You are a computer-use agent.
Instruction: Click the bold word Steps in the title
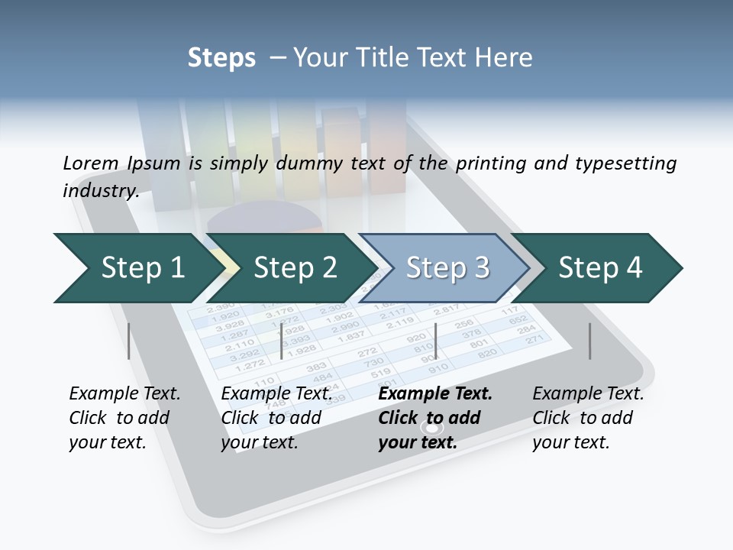[221, 58]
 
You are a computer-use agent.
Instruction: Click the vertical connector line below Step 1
[129, 341]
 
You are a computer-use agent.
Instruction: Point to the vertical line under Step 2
[282, 341]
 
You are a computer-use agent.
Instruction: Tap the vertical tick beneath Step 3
[435, 341]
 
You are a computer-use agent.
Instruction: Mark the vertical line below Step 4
[589, 341]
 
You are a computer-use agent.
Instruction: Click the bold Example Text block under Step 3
[435, 418]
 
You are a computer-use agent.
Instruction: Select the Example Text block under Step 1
[124, 418]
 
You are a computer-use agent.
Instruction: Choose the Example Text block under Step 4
[588, 418]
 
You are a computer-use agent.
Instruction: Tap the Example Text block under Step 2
[276, 418]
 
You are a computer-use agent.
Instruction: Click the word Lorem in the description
[91, 163]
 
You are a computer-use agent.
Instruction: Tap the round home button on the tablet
[433, 429]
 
